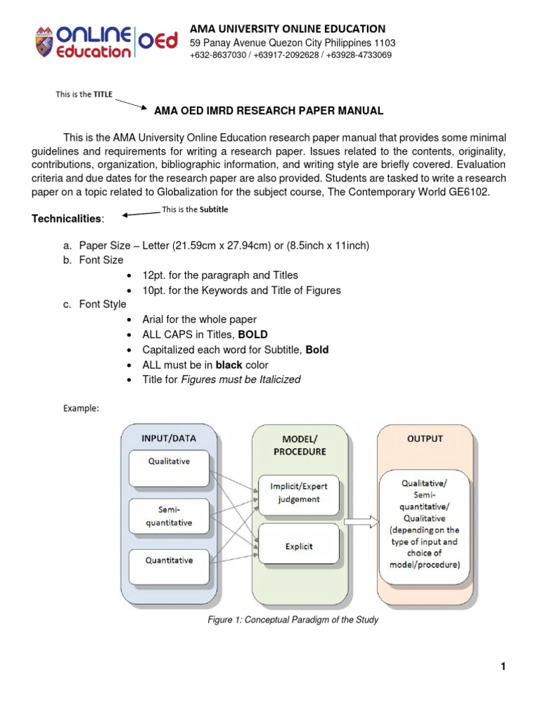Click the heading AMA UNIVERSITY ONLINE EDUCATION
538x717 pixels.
coord(288,29)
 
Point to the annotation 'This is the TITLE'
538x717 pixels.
coord(83,95)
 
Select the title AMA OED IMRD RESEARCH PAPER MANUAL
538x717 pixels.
coord(268,111)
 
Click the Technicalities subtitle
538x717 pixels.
coord(67,219)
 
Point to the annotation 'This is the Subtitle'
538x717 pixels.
coord(195,209)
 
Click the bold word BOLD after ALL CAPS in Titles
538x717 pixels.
coord(253,334)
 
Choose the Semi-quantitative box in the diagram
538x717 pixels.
coord(168,516)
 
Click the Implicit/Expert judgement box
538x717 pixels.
coord(299,493)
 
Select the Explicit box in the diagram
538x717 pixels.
coord(299,546)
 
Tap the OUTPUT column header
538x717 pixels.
coord(425,439)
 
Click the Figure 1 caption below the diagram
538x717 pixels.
coord(292,620)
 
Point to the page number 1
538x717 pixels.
coord(502,667)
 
